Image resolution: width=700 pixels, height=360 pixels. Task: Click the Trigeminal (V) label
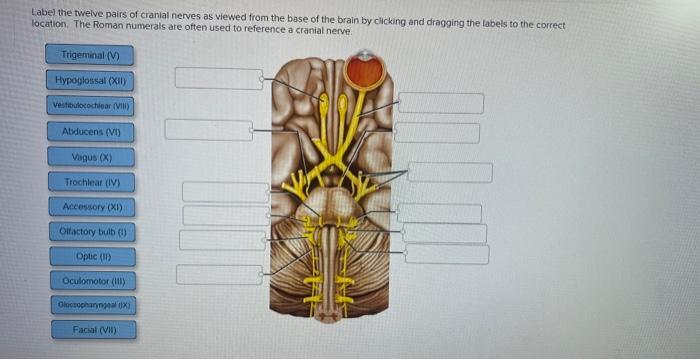coord(90,55)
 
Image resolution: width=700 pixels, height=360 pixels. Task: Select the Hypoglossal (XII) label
coord(90,80)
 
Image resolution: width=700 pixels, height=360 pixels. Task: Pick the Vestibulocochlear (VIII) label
coord(90,105)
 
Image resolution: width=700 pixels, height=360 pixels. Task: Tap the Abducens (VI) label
coord(90,131)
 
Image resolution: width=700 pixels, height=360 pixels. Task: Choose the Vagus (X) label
coord(90,157)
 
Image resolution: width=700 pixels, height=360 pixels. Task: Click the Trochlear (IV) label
coord(90,182)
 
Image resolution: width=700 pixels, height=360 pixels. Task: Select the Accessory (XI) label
coord(90,206)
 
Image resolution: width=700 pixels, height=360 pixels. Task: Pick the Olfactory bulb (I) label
coord(90,231)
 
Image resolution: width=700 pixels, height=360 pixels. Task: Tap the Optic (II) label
coord(90,256)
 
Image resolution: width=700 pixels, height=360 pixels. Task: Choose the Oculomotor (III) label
coord(90,281)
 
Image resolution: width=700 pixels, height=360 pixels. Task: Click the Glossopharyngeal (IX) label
coord(90,304)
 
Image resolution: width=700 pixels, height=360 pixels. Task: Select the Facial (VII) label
coord(90,329)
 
